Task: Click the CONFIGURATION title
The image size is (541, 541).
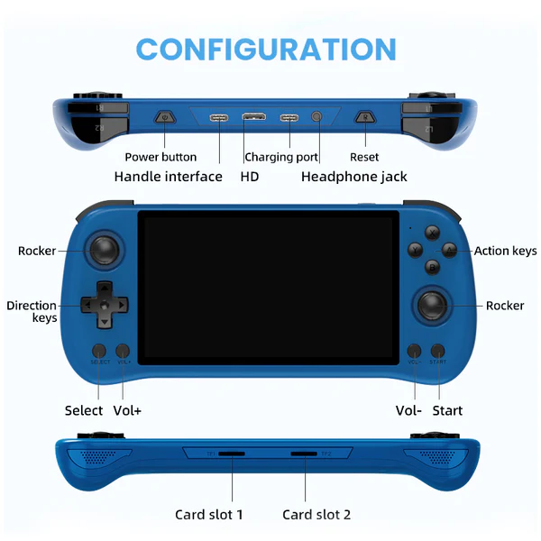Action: point(266,49)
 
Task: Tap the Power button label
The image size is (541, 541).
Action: point(160,157)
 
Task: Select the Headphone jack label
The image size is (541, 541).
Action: point(354,177)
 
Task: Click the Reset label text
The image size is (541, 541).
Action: point(364,157)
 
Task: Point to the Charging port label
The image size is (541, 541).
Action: point(281,157)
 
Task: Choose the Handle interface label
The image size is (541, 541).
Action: point(168,177)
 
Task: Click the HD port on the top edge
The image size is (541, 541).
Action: point(253,117)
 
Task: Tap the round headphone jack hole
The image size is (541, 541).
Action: point(316,117)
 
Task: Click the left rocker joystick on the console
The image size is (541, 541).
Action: point(106,250)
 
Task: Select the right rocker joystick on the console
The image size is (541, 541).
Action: point(434,305)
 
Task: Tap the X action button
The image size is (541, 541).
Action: point(433,232)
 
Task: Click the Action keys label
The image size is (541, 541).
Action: point(505,252)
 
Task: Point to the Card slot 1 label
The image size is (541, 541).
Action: point(209,515)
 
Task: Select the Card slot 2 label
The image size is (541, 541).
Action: point(316,515)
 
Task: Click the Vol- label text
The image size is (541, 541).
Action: point(408,410)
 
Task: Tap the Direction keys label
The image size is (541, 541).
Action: point(32,311)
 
